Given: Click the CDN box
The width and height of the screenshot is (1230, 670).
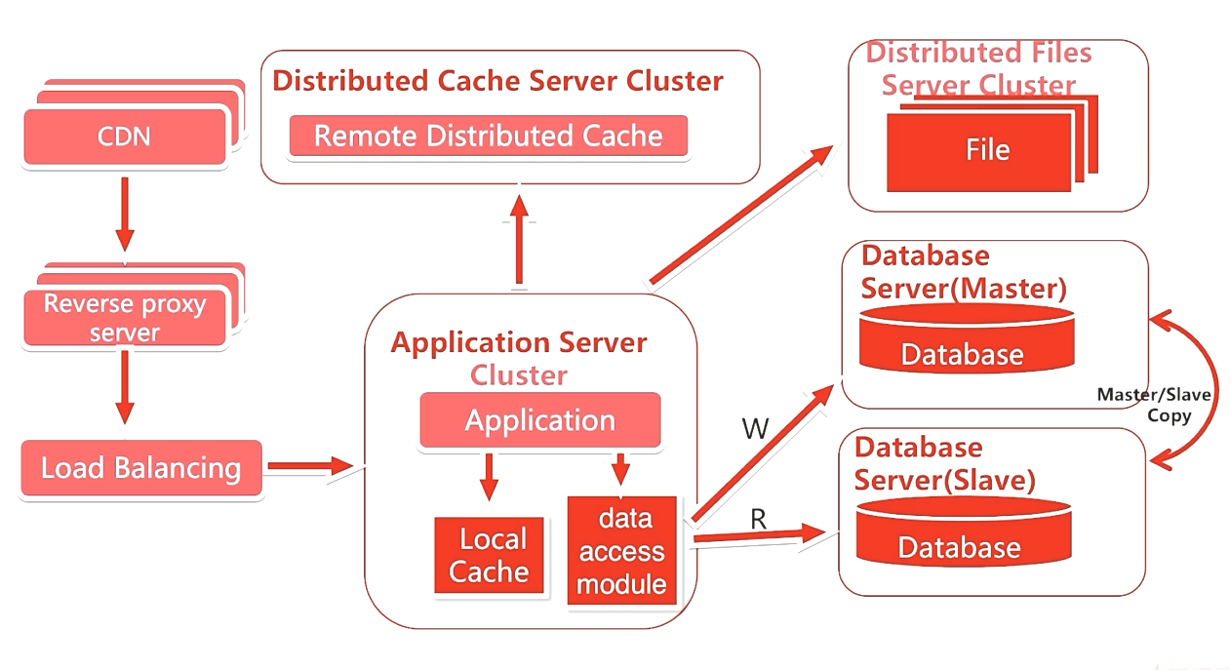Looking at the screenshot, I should pyautogui.click(x=125, y=136).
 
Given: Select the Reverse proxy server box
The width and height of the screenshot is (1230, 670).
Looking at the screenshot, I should pyautogui.click(x=125, y=318).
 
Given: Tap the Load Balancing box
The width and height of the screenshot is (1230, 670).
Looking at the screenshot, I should pyautogui.click(x=141, y=468).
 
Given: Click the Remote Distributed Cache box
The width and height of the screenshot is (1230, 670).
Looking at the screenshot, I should pyautogui.click(x=488, y=137).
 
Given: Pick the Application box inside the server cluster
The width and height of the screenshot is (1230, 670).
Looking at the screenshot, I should pyautogui.click(x=540, y=421).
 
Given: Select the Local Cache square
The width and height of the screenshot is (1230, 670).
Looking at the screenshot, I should pyautogui.click(x=488, y=555).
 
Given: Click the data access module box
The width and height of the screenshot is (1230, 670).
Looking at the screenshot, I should pyautogui.click(x=621, y=551).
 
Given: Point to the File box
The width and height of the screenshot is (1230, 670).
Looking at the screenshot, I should pyautogui.click(x=987, y=150).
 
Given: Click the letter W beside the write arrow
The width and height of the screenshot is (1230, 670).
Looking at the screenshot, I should pyautogui.click(x=755, y=429).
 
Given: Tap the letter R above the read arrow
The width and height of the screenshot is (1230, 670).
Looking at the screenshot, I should pyautogui.click(x=758, y=520).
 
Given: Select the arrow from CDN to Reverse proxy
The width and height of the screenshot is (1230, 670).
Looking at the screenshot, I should pyautogui.click(x=125, y=212).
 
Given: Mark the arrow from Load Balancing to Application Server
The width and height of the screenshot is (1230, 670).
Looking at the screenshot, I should pyautogui.click(x=309, y=466).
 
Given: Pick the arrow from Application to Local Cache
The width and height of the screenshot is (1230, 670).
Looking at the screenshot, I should pyautogui.click(x=490, y=477).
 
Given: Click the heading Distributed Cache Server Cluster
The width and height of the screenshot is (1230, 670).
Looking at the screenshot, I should pyautogui.click(x=497, y=81).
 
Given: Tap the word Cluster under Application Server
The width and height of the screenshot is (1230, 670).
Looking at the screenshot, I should pyautogui.click(x=519, y=374).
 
